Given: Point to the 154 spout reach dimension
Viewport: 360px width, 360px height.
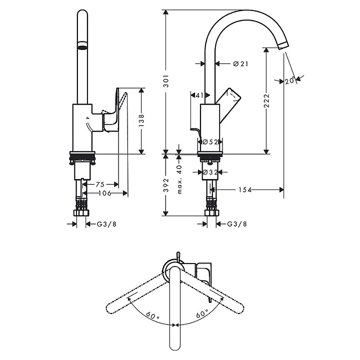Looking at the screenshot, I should pyautogui.click(x=244, y=189).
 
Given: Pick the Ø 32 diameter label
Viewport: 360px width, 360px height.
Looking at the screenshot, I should pyautogui.click(x=209, y=172).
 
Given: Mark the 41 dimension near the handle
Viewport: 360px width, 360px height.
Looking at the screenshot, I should pyautogui.click(x=199, y=95).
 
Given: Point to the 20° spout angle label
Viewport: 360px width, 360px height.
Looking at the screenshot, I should pyautogui.click(x=289, y=80).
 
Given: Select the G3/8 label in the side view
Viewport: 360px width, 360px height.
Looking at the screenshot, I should pyautogui.click(x=237, y=224).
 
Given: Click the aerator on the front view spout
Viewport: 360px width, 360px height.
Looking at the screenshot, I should pyautogui.click(x=82, y=47).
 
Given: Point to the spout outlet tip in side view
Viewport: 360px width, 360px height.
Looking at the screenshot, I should pyautogui.click(x=282, y=45).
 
